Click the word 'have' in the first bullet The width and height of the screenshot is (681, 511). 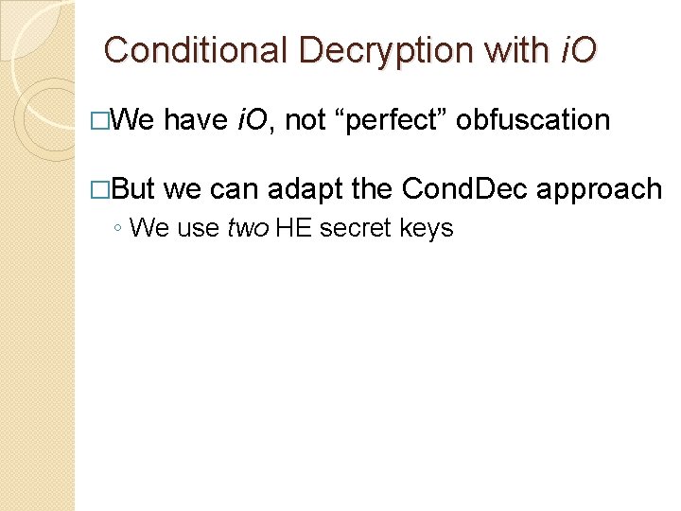(195, 120)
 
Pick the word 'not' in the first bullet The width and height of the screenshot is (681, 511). (305, 120)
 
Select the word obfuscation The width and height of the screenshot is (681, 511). (533, 120)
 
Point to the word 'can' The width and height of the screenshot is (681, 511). (235, 190)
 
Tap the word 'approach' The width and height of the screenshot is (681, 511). (600, 190)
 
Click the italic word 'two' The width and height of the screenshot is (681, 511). (248, 228)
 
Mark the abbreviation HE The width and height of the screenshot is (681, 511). (293, 228)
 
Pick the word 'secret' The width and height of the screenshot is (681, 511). (355, 228)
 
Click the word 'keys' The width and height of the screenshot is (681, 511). (427, 228)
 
